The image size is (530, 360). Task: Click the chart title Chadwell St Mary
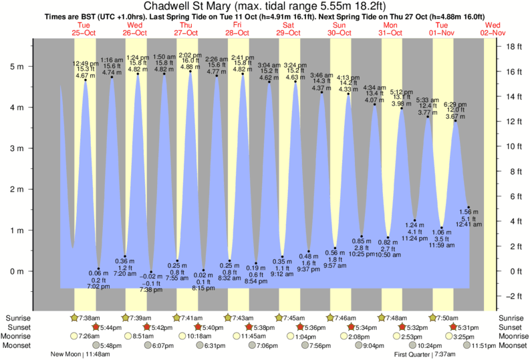tap(265, 6)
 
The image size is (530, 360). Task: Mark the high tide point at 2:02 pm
tap(190, 71)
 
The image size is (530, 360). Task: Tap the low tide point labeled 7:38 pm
tap(151, 273)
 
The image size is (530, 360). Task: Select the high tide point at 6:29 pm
tap(455, 121)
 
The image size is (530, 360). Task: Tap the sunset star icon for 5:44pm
tap(94, 327)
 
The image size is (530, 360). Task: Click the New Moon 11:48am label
tap(80, 355)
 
